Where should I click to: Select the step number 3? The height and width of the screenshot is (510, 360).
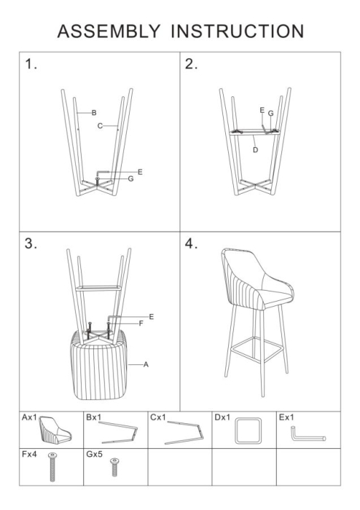[x=31, y=244]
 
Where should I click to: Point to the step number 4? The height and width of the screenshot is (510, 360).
[x=192, y=244]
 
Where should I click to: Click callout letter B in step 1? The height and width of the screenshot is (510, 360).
[x=94, y=112]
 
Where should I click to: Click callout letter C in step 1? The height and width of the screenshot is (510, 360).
[x=100, y=125]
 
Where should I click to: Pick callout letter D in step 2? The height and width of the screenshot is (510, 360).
[x=255, y=149]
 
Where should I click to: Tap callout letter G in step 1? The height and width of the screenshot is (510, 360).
[x=130, y=178]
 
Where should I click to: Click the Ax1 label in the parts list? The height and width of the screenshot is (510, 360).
[x=29, y=418]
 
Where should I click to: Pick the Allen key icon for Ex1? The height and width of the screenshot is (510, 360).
[x=308, y=435]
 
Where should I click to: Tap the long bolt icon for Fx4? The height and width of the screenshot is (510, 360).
[x=52, y=467]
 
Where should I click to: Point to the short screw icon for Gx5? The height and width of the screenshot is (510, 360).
[x=114, y=467]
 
